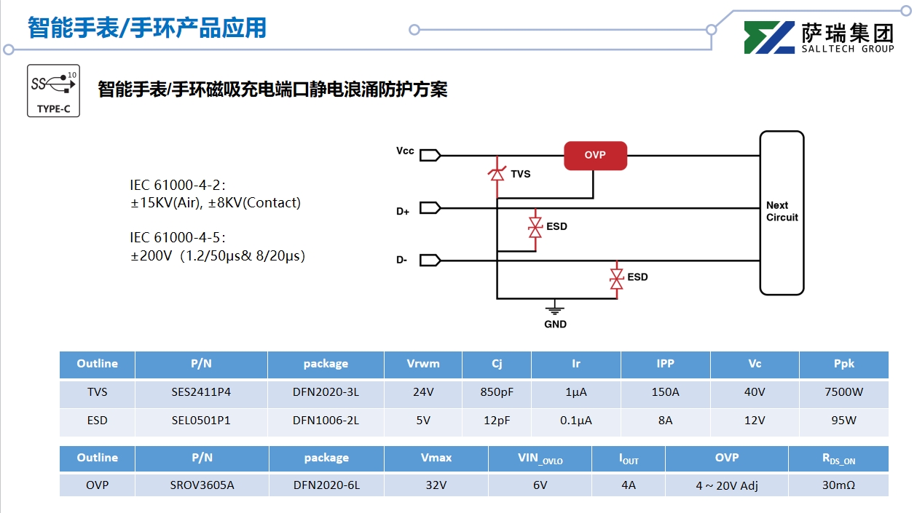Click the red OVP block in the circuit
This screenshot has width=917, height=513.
(595, 156)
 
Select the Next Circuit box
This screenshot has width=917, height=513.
(782, 212)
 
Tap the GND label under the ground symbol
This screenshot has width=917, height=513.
(555, 324)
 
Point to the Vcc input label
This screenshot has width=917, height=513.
(405, 151)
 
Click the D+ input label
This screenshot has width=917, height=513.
(403, 212)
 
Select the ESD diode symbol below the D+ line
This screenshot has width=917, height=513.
(535, 227)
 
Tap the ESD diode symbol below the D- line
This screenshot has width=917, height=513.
(616, 277)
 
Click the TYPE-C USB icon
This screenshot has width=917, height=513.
(53, 90)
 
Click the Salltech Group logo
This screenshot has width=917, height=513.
(819, 37)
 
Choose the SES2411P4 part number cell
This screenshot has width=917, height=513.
(201, 392)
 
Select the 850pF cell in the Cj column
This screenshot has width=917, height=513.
(497, 392)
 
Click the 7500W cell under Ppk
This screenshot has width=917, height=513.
(843, 392)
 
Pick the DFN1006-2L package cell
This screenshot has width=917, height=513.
(326, 420)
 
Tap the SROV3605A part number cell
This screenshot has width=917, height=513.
(202, 485)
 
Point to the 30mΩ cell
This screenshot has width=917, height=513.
(838, 485)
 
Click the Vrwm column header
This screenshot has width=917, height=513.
(423, 364)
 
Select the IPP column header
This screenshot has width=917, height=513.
(665, 364)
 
